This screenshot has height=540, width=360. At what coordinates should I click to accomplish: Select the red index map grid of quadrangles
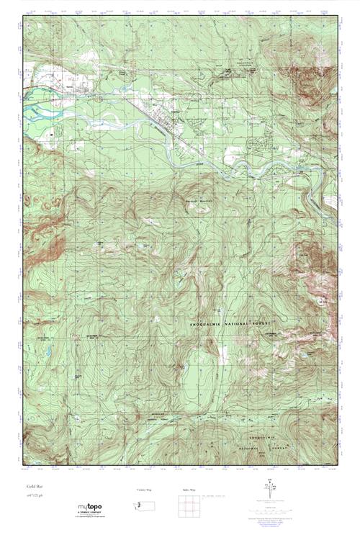click(189, 508)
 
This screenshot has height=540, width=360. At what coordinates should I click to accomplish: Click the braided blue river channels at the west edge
click(36, 112)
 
